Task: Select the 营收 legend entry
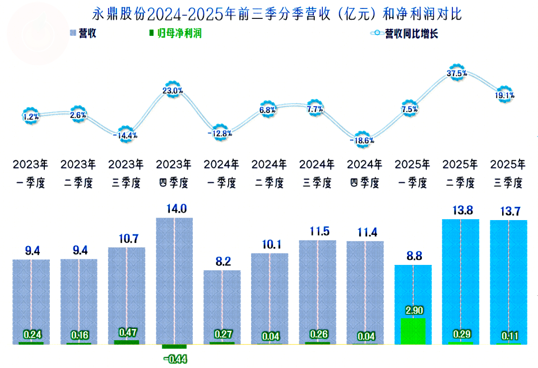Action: [x=83, y=34]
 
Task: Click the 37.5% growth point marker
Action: [x=457, y=73]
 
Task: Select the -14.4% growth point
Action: [x=126, y=135]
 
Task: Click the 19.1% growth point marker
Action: [x=505, y=95]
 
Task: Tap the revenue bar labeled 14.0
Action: [x=174, y=279]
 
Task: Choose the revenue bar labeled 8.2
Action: [x=222, y=304]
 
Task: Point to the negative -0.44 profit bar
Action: [x=174, y=347]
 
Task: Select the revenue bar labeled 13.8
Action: [x=461, y=279]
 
